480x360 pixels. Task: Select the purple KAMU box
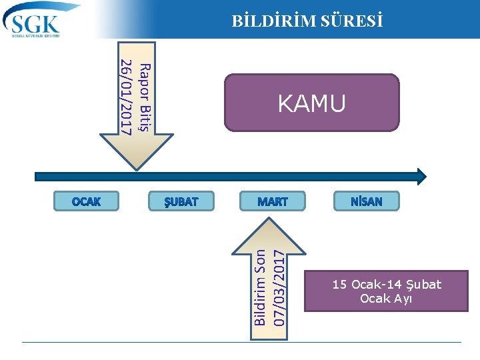pos(311,103)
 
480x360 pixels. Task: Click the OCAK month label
pos(86,201)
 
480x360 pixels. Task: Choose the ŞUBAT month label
pos(181,201)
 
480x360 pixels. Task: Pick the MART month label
pos(272,201)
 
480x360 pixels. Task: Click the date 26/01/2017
pos(125,97)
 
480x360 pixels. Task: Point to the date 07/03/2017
pos(280,287)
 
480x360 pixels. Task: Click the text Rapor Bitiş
pos(146,97)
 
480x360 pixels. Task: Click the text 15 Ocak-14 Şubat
pos(387,285)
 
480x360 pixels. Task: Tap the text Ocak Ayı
pos(387,299)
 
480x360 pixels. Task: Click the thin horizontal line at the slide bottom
pos(240,343)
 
